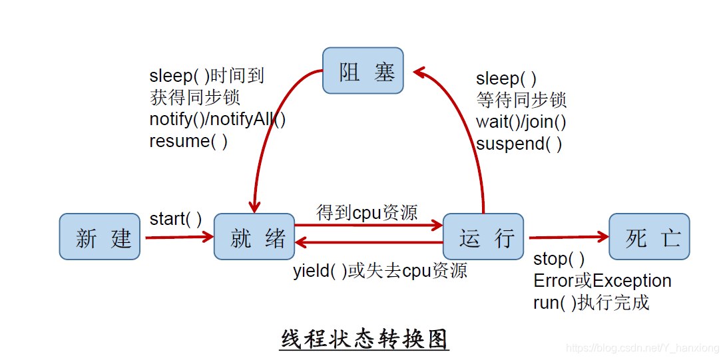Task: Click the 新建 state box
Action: click(x=99, y=237)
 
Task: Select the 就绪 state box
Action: click(x=254, y=237)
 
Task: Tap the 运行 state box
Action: click(x=483, y=237)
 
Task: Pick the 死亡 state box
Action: click(x=649, y=237)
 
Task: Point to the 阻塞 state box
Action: click(x=363, y=71)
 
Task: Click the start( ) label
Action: click(x=176, y=219)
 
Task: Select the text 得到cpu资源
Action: click(x=367, y=212)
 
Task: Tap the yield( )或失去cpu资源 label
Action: click(x=379, y=270)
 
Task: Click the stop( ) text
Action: click(x=559, y=259)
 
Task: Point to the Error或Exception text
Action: click(x=602, y=281)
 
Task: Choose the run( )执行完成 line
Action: click(x=591, y=303)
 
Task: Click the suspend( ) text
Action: click(x=519, y=144)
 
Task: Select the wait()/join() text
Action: click(x=521, y=122)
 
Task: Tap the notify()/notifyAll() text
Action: click(x=217, y=119)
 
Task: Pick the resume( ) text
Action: click(x=188, y=141)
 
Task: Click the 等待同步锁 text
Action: click(x=521, y=100)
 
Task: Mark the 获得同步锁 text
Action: click(x=194, y=97)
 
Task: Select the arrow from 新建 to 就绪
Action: click(x=178, y=236)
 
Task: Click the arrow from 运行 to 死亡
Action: click(x=568, y=237)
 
